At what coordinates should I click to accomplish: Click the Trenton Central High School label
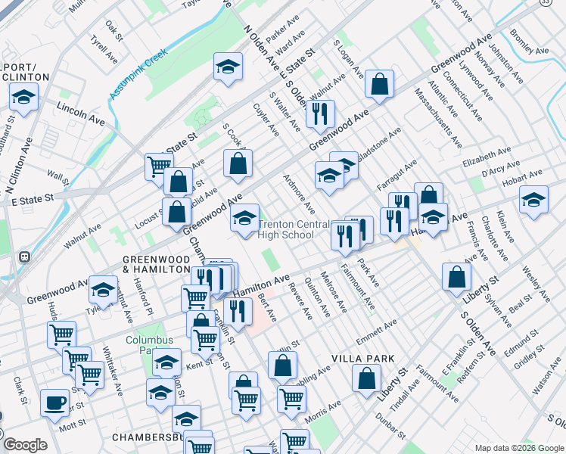286,229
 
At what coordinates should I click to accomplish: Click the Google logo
25,445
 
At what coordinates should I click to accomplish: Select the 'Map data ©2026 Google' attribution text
518,448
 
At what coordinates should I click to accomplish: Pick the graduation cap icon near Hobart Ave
533,200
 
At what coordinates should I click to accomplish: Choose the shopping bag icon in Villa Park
366,379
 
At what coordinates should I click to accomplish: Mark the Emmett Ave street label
376,330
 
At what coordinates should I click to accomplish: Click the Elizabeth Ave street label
487,162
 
